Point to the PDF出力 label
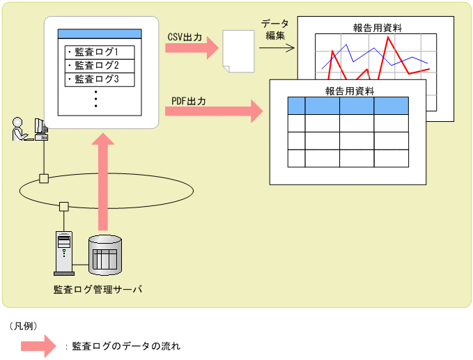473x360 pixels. click(189, 101)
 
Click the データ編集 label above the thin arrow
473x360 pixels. click(275, 29)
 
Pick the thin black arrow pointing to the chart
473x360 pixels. click(276, 47)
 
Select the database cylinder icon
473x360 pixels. click(104, 253)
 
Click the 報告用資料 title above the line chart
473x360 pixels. click(377, 29)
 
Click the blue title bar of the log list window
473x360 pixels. click(100, 33)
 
